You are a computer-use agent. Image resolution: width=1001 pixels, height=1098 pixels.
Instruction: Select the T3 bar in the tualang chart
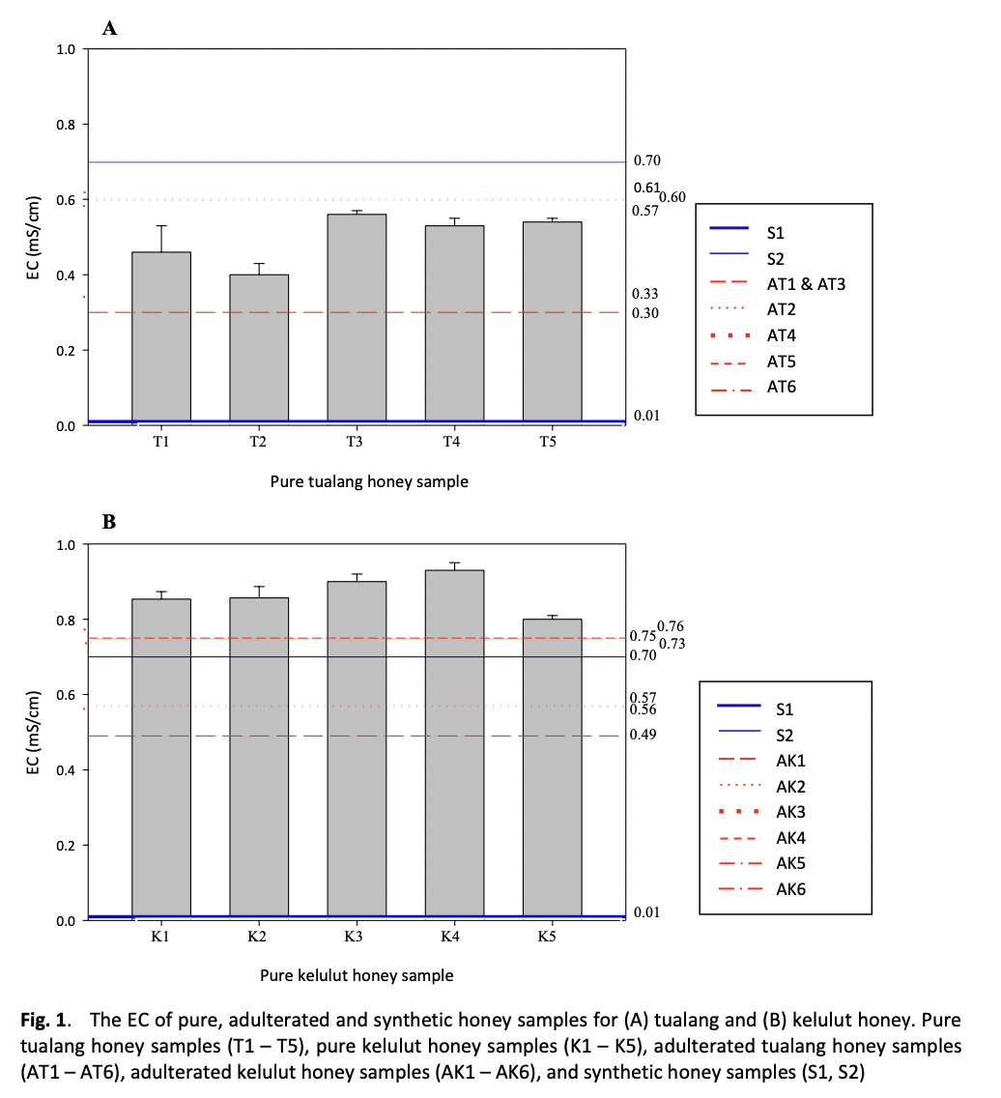357,319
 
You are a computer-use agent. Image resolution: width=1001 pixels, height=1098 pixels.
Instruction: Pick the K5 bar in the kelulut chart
552,768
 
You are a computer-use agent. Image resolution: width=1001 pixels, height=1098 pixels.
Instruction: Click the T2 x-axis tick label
258,442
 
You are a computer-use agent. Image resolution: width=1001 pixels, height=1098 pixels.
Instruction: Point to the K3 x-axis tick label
354,937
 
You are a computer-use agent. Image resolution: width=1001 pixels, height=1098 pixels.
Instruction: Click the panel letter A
109,28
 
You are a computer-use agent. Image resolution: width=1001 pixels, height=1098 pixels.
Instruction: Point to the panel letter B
109,522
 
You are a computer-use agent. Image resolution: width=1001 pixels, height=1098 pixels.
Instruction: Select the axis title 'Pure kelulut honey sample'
357,974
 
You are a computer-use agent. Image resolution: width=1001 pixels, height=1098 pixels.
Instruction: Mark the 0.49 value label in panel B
643,735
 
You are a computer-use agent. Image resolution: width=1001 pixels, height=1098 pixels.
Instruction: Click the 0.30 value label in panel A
644,313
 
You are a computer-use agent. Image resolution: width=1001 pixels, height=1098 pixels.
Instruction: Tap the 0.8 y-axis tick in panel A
66,125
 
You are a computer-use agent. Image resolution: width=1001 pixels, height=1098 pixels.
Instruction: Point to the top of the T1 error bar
161,225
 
